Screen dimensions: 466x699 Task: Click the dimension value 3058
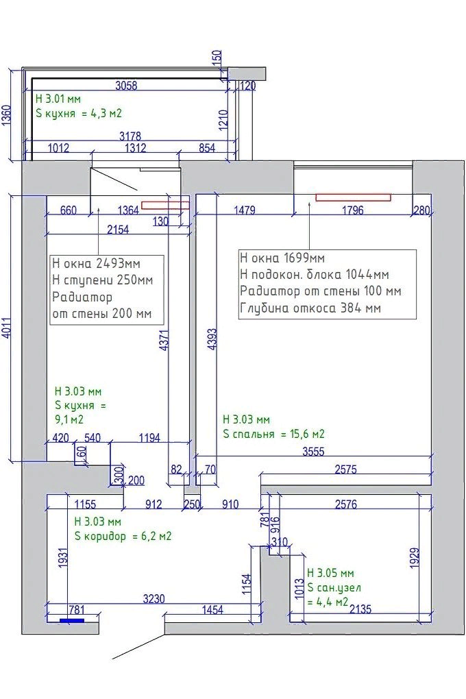click(x=126, y=85)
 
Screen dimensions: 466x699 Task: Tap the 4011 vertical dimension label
click(x=6, y=328)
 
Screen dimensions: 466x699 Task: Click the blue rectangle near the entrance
click(x=72, y=620)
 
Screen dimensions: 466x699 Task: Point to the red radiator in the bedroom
click(x=353, y=197)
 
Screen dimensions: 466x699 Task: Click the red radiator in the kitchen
click(x=165, y=206)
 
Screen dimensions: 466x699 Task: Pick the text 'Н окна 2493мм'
click(x=97, y=263)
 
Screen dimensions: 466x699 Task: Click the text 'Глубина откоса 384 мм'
click(x=310, y=308)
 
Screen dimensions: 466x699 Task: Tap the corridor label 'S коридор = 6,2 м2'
click(x=123, y=537)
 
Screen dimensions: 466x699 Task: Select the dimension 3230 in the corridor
click(x=154, y=599)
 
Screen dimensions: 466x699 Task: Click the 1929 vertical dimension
click(x=415, y=558)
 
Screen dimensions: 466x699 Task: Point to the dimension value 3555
click(x=313, y=452)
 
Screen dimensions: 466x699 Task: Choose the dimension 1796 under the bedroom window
click(x=353, y=210)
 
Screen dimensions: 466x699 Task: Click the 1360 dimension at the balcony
click(x=6, y=115)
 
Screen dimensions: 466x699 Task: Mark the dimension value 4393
click(x=212, y=339)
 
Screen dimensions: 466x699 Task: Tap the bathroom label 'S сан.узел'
click(x=334, y=588)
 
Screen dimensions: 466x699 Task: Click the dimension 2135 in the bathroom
click(x=360, y=609)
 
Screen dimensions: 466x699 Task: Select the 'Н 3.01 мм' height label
click(x=58, y=99)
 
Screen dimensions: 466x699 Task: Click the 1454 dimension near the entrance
click(x=212, y=609)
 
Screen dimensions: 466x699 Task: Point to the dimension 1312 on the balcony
click(x=135, y=147)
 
